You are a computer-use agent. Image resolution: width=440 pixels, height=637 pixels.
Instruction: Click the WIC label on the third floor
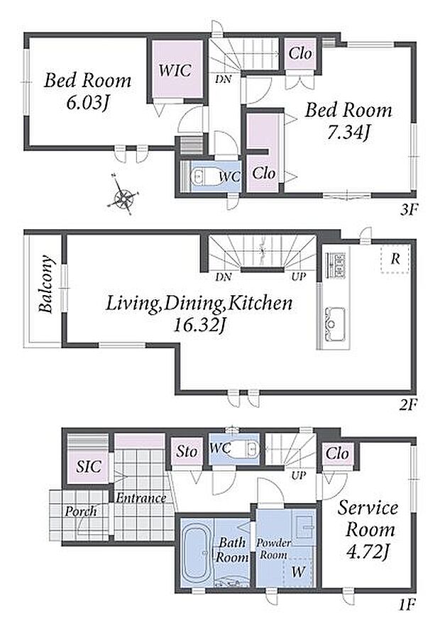pos(175,70)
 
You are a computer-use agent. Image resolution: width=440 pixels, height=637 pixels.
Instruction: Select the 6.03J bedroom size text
pos(88,103)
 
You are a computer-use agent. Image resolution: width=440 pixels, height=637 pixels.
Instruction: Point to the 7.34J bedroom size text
pos(349,133)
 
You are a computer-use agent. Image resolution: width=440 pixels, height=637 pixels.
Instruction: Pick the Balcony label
pos(47,284)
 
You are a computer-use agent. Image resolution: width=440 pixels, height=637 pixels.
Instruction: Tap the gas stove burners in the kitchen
pos(336,265)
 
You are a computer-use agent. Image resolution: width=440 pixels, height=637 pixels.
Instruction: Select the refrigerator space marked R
pos(395,259)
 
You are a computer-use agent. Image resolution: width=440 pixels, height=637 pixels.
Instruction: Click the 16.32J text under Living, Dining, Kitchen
pos(199,326)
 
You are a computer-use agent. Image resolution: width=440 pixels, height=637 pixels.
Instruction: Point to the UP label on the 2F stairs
pos(298,277)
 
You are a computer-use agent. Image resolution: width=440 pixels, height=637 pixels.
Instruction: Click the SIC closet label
pos(89,467)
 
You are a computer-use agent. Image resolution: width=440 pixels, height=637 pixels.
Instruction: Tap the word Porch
pos(81,511)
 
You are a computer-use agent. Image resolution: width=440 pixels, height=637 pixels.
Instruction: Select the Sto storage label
pos(187,451)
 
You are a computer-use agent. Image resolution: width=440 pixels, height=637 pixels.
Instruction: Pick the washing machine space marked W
pos(298,572)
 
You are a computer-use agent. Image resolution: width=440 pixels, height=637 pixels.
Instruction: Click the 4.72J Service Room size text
pos(368,551)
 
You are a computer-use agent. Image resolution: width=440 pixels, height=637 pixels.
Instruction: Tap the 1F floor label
pos(406,605)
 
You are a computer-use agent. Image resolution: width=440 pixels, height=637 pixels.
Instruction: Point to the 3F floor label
pos(409,210)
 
